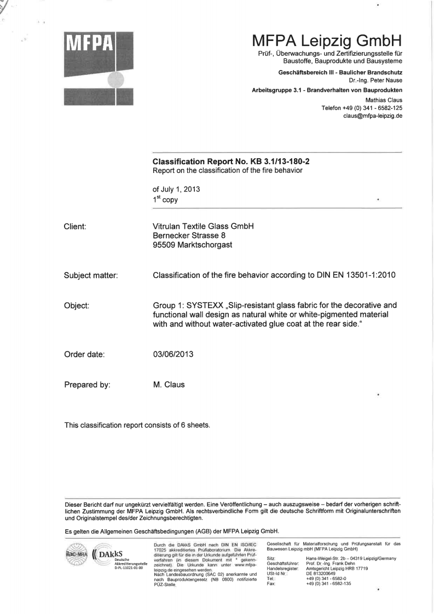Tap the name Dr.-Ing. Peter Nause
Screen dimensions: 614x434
coord(377,80)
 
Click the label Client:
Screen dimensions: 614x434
coord(78,225)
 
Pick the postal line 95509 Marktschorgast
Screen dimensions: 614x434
coord(192,245)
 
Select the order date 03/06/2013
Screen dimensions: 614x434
coord(173,354)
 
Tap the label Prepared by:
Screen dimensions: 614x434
coord(88,385)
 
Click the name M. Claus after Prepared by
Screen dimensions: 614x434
coord(169,385)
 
